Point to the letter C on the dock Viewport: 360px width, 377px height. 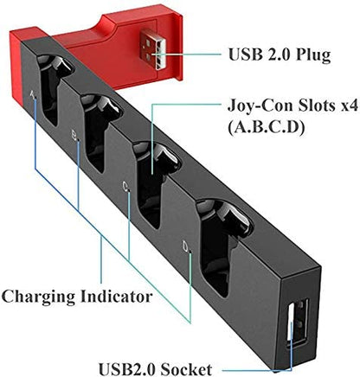[126, 186]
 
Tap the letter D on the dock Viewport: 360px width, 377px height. [185, 246]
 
